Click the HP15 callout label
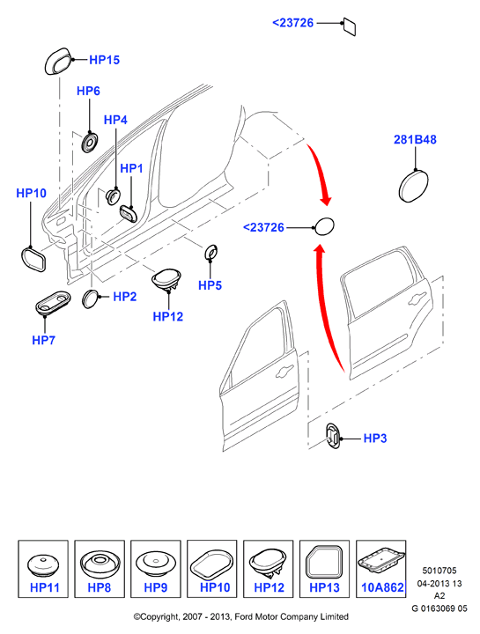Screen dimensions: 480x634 [104, 60]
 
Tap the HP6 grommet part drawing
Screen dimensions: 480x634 [90, 143]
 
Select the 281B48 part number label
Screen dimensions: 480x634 [415, 139]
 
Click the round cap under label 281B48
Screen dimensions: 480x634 [413, 186]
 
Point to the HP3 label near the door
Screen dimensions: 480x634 [375, 439]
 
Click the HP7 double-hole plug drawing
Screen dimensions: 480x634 [52, 302]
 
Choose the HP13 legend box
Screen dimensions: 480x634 [324, 569]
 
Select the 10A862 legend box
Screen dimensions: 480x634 [381, 569]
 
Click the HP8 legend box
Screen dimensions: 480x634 [100, 569]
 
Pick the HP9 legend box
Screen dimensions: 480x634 [156, 569]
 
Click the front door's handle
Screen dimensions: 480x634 [284, 372]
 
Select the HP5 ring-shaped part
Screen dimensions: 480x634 [211, 253]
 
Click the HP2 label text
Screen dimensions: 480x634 [124, 297]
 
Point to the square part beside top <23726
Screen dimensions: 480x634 [350, 26]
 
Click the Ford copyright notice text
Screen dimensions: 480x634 [241, 616]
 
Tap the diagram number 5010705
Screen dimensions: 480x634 [439, 571]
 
